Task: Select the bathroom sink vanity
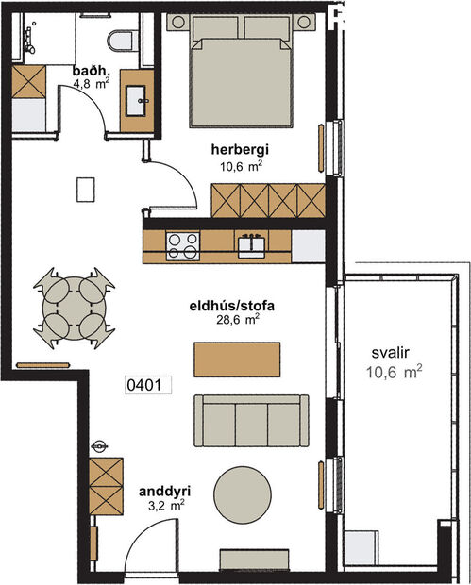coord(139,96)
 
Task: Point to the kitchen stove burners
coord(182,245)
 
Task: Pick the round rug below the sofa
coord(245,493)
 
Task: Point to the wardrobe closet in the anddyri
coord(106,486)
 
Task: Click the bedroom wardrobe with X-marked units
coord(268,200)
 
